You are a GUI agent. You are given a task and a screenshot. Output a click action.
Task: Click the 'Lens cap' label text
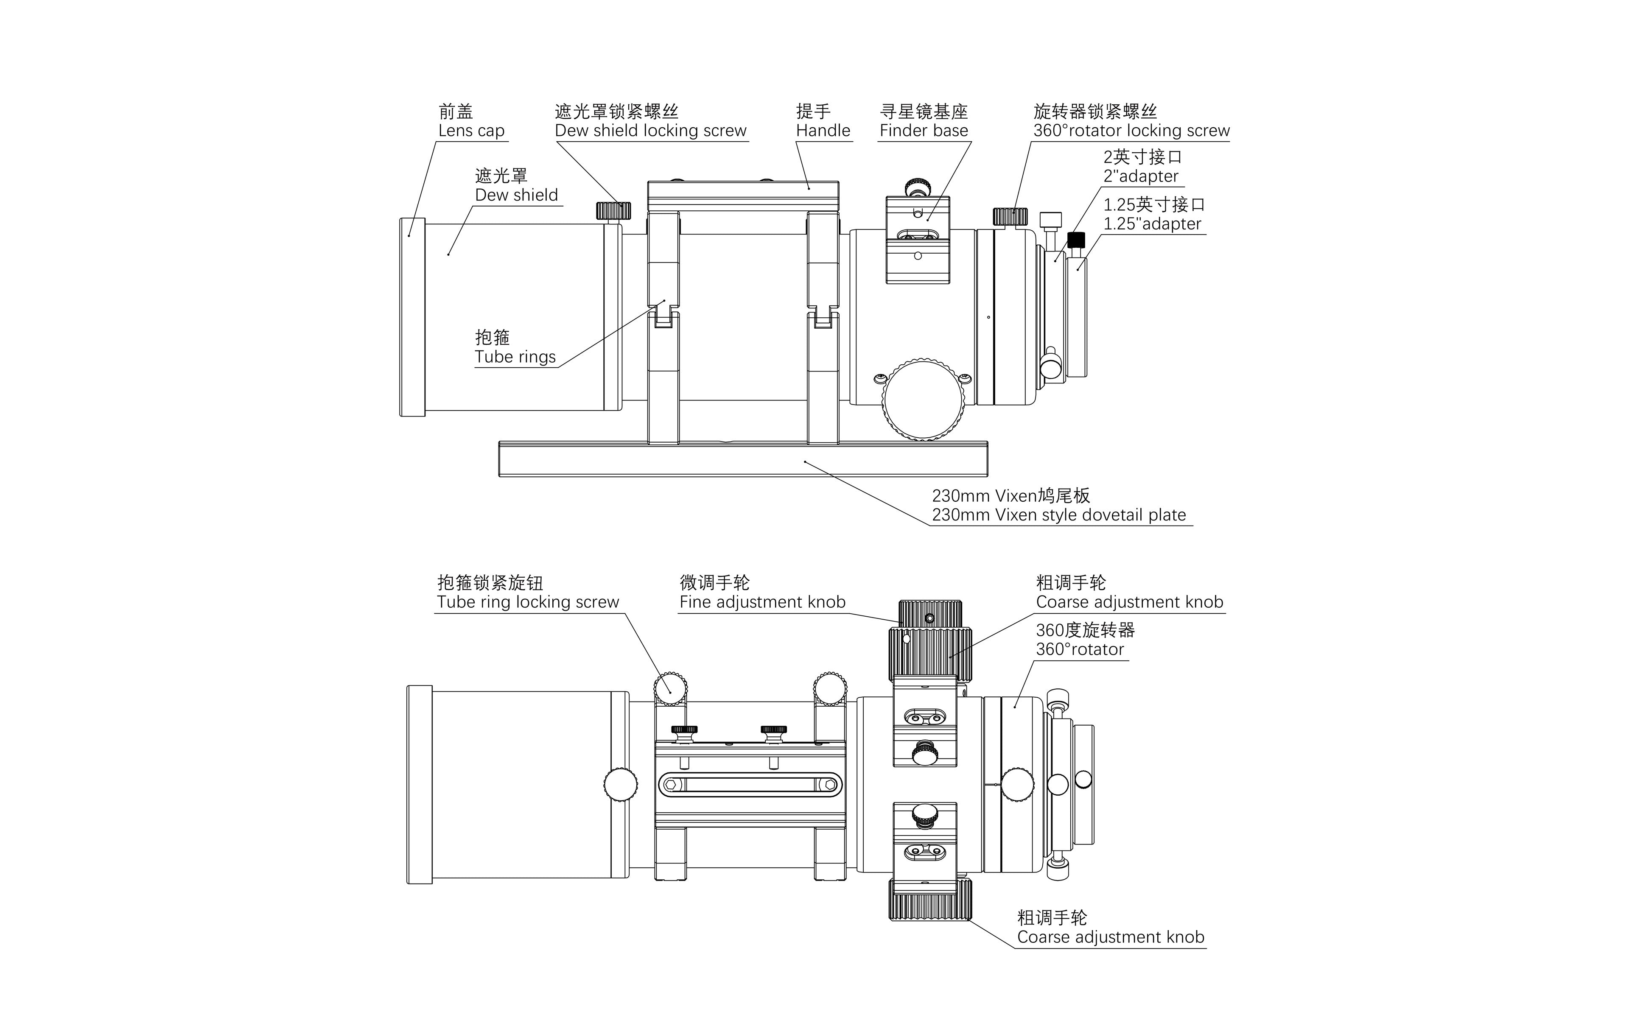471,131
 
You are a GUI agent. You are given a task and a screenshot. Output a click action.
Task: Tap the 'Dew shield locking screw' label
650,131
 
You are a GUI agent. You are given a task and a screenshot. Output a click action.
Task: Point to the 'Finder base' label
924,131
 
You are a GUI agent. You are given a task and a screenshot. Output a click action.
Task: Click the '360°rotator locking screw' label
1131,131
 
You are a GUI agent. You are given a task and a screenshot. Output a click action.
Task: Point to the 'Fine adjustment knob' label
762,602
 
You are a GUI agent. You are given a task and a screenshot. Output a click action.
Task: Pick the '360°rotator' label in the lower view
1080,649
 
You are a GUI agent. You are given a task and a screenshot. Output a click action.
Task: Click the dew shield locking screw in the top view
613,211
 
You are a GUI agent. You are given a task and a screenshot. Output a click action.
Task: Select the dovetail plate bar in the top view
743,459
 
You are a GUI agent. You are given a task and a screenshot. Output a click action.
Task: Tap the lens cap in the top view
412,316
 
